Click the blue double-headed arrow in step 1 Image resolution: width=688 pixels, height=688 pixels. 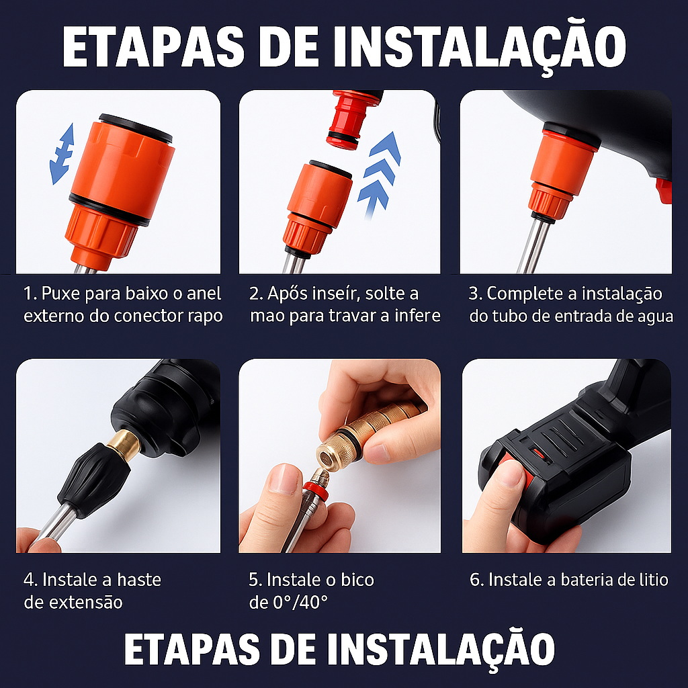click(x=62, y=154)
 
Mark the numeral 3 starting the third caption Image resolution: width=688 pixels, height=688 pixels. click(x=474, y=294)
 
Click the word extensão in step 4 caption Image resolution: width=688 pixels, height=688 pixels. click(x=87, y=602)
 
